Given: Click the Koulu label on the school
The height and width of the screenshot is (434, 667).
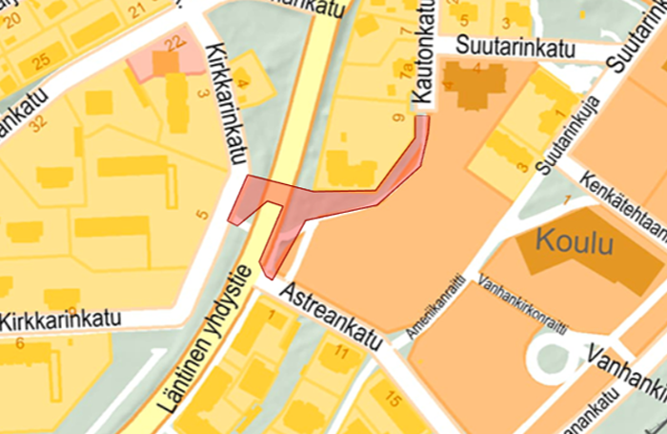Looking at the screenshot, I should click(578, 241).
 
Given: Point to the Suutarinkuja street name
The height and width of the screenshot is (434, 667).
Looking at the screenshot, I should click(568, 133).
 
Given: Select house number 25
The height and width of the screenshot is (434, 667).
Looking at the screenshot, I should click(40, 62).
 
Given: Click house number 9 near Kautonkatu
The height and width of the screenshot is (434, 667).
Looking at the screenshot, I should click(396, 119).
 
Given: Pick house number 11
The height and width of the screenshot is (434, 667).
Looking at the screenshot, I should click(341, 353).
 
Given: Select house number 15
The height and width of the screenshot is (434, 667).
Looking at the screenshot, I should click(391, 399).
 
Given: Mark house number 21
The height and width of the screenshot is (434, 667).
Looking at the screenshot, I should click(136, 11).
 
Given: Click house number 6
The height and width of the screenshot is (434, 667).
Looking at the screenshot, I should click(19, 342).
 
